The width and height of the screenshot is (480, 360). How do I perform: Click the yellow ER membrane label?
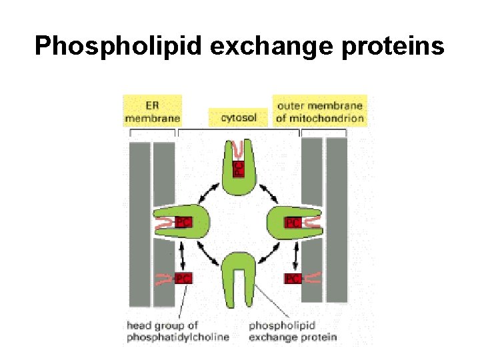coord(152,111)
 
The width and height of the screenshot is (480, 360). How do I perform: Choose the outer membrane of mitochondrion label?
coord(320,111)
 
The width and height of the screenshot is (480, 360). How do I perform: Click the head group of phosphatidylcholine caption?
coord(177,331)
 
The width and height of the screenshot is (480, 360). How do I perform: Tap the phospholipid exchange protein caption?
coord(293,331)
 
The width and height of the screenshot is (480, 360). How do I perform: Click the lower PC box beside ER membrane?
coord(183,278)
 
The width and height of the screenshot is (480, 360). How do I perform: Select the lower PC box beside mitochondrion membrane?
coord(293,278)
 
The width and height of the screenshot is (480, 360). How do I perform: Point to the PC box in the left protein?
coord(183,223)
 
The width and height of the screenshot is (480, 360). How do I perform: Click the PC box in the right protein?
coord(293,223)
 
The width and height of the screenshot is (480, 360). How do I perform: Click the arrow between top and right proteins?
coord(269,193)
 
